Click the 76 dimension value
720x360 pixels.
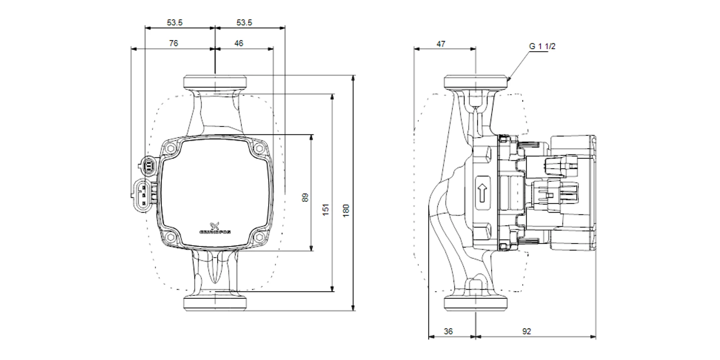[174, 44]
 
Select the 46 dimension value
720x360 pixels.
[239, 44]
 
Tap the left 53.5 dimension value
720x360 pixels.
[175, 23]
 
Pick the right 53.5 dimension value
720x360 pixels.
[244, 23]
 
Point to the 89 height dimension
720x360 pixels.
[305, 198]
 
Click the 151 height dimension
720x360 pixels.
[326, 210]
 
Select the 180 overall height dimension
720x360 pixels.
[346, 210]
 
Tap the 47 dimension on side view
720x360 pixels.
[441, 44]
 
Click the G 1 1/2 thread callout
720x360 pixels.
[542, 46]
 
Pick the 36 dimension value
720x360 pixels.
[448, 331]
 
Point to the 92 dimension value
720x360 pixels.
[526, 331]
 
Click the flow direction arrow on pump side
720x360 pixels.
[483, 193]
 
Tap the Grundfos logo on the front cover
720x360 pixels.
[215, 229]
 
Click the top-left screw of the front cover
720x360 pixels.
[170, 148]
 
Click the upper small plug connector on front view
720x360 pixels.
[149, 166]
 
